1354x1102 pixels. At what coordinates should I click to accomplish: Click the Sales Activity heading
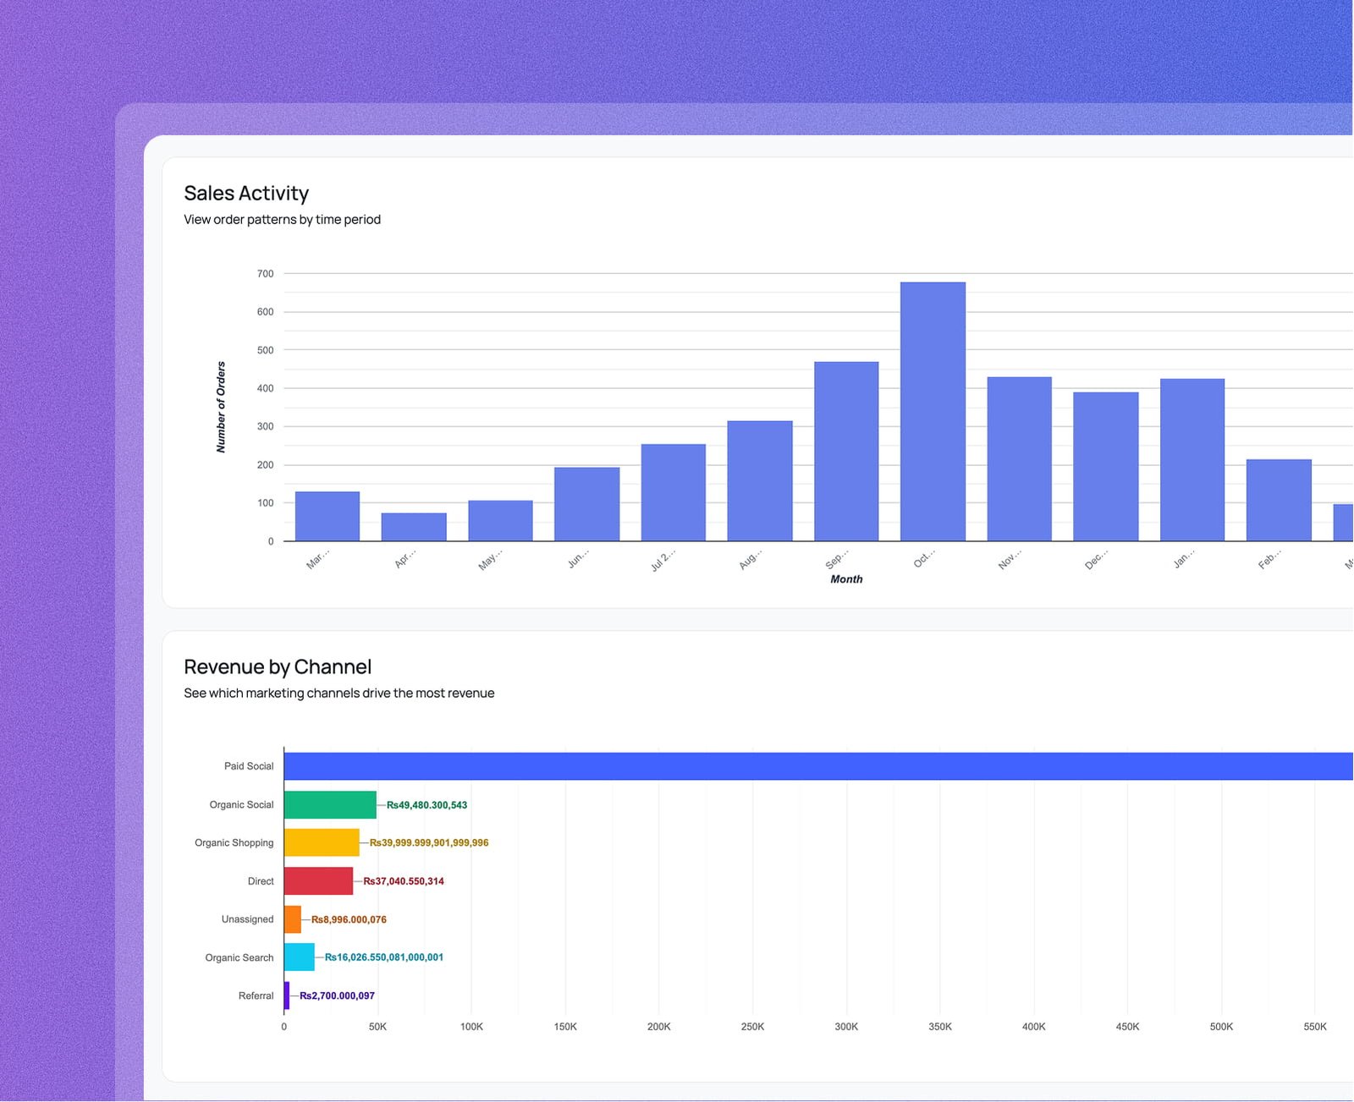pos(246,194)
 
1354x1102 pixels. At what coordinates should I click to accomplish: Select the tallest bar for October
pos(933,412)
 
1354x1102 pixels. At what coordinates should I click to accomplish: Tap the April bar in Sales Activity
pos(414,527)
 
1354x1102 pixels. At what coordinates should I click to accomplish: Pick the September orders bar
pos(846,452)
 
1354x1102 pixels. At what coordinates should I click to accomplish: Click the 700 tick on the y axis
pos(266,274)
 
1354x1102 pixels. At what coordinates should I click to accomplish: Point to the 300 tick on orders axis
pos(266,427)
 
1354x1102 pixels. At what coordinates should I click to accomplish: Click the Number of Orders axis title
pos(222,408)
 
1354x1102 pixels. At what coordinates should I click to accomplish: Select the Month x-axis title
pos(846,579)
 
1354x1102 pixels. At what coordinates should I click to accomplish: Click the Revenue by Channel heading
pos(278,667)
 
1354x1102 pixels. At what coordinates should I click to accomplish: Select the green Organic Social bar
pos(330,805)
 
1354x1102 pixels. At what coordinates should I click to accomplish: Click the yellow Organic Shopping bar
pos(322,843)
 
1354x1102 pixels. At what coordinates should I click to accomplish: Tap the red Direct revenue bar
pos(318,881)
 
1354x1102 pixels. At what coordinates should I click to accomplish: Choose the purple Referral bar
pos(287,995)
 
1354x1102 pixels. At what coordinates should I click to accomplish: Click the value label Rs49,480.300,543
pos(427,805)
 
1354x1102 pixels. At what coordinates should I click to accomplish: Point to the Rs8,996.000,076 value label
pos(349,919)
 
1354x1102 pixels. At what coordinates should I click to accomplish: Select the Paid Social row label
pos(249,766)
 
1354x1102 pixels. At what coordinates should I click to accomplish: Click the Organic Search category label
pos(239,957)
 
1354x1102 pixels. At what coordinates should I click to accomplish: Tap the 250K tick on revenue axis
pos(752,1027)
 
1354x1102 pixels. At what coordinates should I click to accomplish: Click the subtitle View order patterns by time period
pos(283,220)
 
